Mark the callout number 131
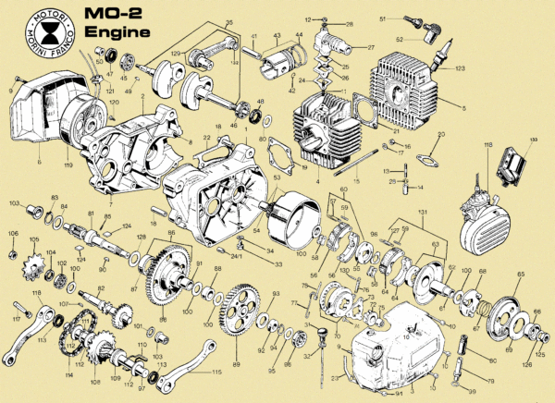click(423, 213)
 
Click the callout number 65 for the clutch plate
click(520, 275)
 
